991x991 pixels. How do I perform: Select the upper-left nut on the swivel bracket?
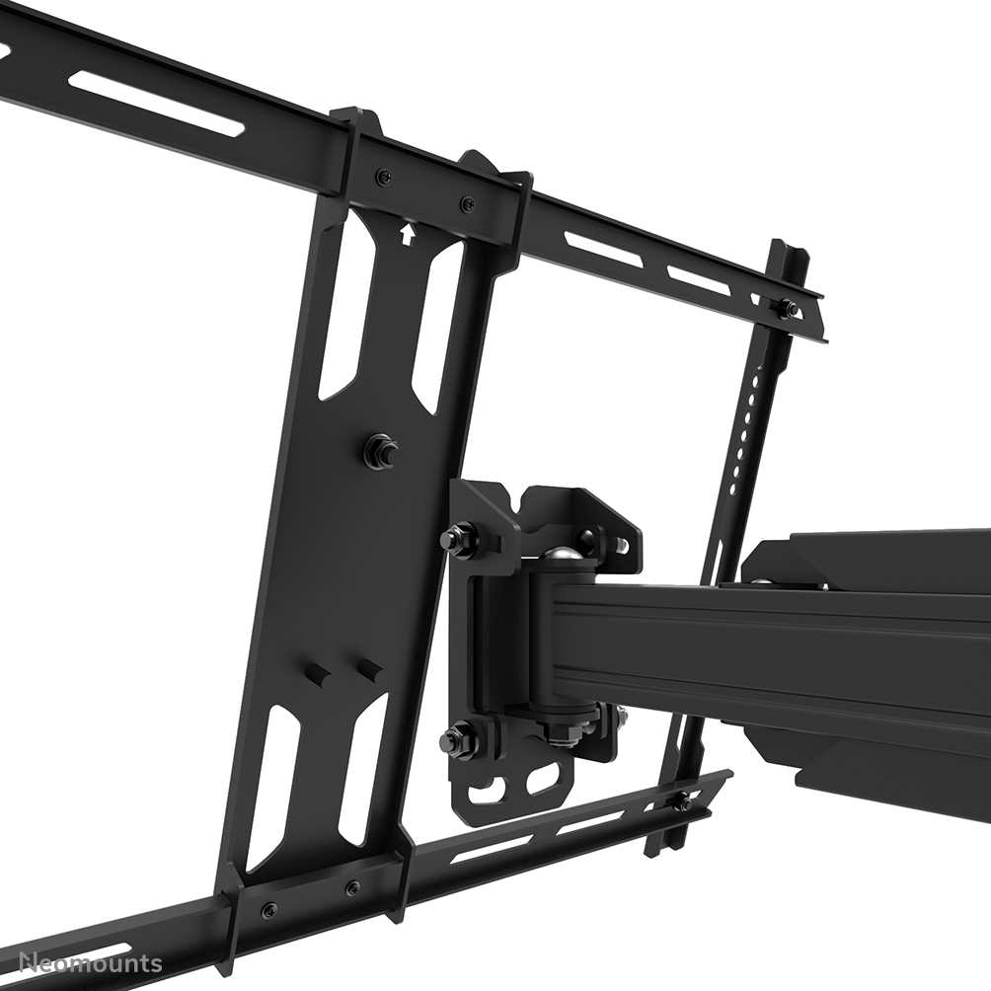click(x=457, y=539)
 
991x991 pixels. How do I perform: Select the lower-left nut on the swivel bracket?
click(x=455, y=737)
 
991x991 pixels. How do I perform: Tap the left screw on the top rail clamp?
click(x=384, y=177)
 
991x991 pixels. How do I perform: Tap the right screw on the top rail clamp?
click(x=467, y=204)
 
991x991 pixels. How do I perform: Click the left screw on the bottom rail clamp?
click(x=269, y=909)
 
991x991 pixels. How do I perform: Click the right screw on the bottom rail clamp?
click(x=352, y=887)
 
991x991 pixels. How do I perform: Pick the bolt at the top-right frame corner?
click(x=787, y=308)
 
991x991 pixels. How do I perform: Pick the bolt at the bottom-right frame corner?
click(x=682, y=803)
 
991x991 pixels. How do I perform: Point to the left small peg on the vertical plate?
click(x=319, y=677)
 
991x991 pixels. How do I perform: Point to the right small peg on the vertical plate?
click(x=370, y=670)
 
